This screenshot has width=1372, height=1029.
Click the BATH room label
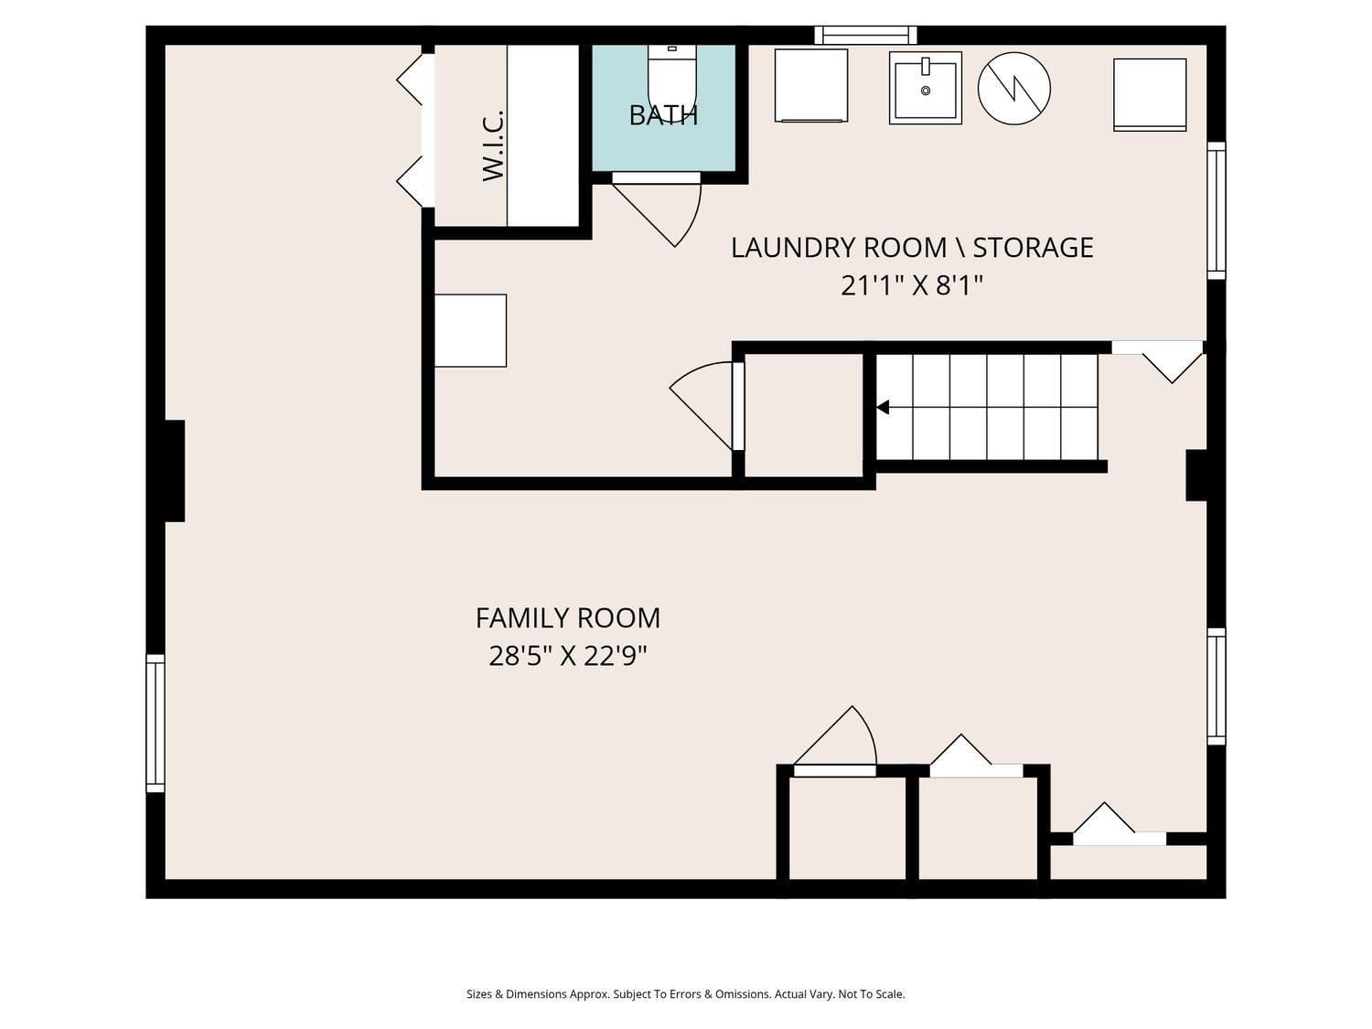[x=662, y=115]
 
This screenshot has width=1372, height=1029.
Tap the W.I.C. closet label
[x=493, y=145]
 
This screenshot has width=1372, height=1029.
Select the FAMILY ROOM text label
[x=568, y=618]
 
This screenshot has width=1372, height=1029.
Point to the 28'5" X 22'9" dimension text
[x=568, y=656]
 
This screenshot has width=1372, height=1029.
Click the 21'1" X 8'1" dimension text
[x=912, y=285]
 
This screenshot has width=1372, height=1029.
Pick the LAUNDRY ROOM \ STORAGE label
[x=912, y=247]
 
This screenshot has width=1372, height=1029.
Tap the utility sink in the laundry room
[x=925, y=88]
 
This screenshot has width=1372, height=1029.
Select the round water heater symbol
[x=1013, y=88]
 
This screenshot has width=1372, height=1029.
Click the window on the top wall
[x=865, y=35]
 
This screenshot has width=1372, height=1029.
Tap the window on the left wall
[x=155, y=723]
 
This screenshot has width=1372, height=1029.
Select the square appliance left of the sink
[x=810, y=85]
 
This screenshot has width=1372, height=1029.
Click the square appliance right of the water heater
[x=1150, y=95]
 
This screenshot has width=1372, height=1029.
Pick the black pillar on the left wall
[x=175, y=470]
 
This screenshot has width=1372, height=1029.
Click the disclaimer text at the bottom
[x=685, y=994]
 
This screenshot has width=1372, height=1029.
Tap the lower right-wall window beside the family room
[x=1216, y=686]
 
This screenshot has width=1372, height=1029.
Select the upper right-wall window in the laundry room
[x=1216, y=210]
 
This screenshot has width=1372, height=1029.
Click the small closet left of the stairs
[x=804, y=415]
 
